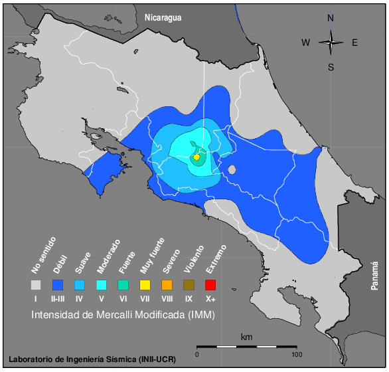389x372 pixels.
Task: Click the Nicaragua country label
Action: (163, 18)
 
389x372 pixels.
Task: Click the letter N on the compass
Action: (331, 19)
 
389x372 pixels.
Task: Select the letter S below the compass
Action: (331, 66)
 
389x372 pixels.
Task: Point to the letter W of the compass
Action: (306, 43)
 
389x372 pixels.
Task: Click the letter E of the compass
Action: (355, 43)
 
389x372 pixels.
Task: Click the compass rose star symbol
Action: (331, 43)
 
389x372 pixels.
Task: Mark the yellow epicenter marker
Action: (196, 157)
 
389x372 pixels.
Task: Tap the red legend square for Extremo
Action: (211, 285)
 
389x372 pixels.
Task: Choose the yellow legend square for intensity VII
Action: (145, 285)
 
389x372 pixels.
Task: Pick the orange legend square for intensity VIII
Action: (167, 285)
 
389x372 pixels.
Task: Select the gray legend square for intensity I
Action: (36, 285)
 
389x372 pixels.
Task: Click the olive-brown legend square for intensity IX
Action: (189, 285)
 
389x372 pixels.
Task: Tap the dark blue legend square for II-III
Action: (58, 285)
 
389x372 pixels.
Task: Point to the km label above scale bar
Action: (246, 337)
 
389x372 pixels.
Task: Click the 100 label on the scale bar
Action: (297, 354)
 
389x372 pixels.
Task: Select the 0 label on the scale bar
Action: (197, 354)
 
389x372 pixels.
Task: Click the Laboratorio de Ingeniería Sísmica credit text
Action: (92, 359)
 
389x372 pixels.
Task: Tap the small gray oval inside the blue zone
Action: (232, 170)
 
